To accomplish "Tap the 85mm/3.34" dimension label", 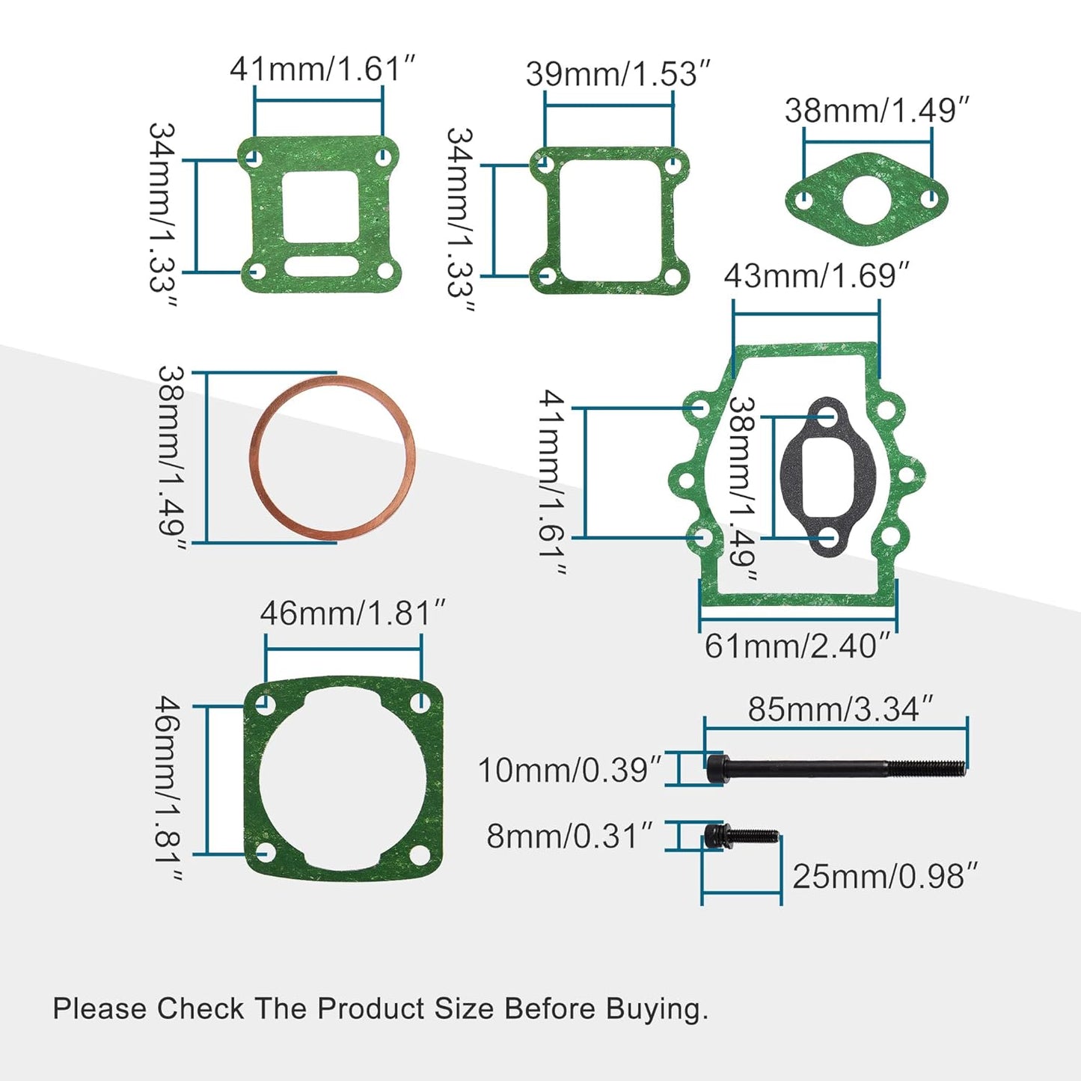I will click(840, 709).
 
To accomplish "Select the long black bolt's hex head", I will click(717, 768).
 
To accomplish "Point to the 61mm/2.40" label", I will click(797, 646).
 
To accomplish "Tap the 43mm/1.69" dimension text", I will click(816, 276).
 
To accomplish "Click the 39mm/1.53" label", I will click(617, 74).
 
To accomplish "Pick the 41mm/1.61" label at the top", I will click(322, 69).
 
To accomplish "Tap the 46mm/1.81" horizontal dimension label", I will click(352, 613).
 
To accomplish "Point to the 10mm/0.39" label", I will click(569, 770).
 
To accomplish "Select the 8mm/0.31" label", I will click(569, 836).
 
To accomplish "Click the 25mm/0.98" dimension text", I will click(885, 876).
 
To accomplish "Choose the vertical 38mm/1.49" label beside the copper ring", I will click(171, 458).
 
